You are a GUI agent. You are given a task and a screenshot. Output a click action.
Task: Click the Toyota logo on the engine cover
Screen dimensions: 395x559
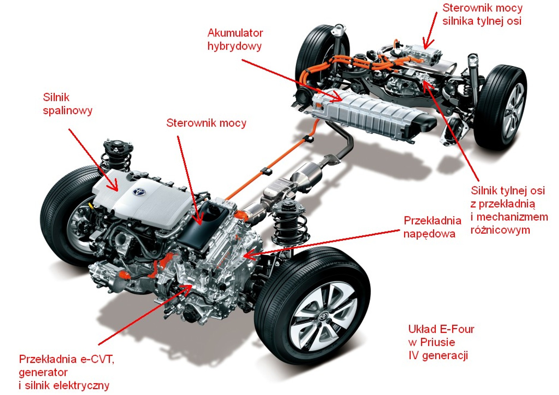pos(139,192)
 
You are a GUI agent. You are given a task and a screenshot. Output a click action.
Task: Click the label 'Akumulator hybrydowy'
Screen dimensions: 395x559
pos(235,39)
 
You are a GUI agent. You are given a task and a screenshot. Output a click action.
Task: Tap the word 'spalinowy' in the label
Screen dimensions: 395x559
pos(67,110)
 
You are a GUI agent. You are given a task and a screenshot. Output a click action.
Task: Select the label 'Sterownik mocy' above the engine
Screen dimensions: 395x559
pos(206,123)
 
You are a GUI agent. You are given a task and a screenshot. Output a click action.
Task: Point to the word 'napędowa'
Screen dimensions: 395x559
pos(429,234)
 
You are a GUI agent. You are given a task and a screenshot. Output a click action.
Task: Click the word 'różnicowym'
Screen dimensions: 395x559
pos(500,230)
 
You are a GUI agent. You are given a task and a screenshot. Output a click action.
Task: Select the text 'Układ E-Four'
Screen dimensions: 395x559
pos(441,329)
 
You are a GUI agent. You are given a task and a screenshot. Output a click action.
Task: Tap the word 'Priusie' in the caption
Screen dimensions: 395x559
pos(437,342)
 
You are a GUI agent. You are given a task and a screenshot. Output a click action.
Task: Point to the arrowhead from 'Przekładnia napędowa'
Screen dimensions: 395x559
pos(248,255)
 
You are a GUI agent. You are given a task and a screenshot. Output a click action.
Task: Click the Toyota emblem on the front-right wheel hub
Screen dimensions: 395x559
pos(323,317)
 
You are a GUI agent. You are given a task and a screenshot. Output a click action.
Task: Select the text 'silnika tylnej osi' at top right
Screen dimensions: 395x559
pos(482,21)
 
